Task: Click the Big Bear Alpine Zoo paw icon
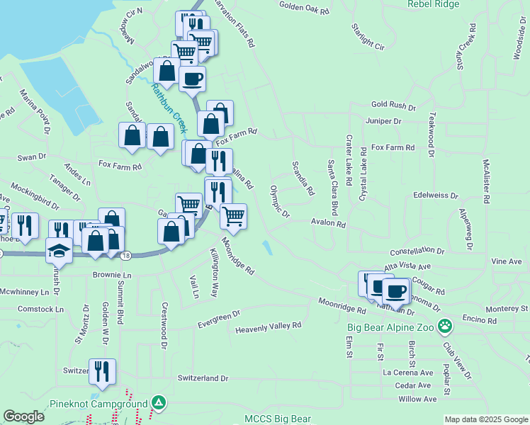tap(445, 327)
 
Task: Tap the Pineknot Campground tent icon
tap(159, 404)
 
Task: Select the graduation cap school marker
tap(59, 249)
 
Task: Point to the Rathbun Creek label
tap(169, 108)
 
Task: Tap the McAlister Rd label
tap(486, 181)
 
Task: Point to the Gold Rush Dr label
tap(393, 106)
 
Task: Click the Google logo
tap(23, 416)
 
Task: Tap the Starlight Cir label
tap(368, 37)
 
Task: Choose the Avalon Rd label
tap(327, 223)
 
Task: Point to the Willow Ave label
tap(417, 399)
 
